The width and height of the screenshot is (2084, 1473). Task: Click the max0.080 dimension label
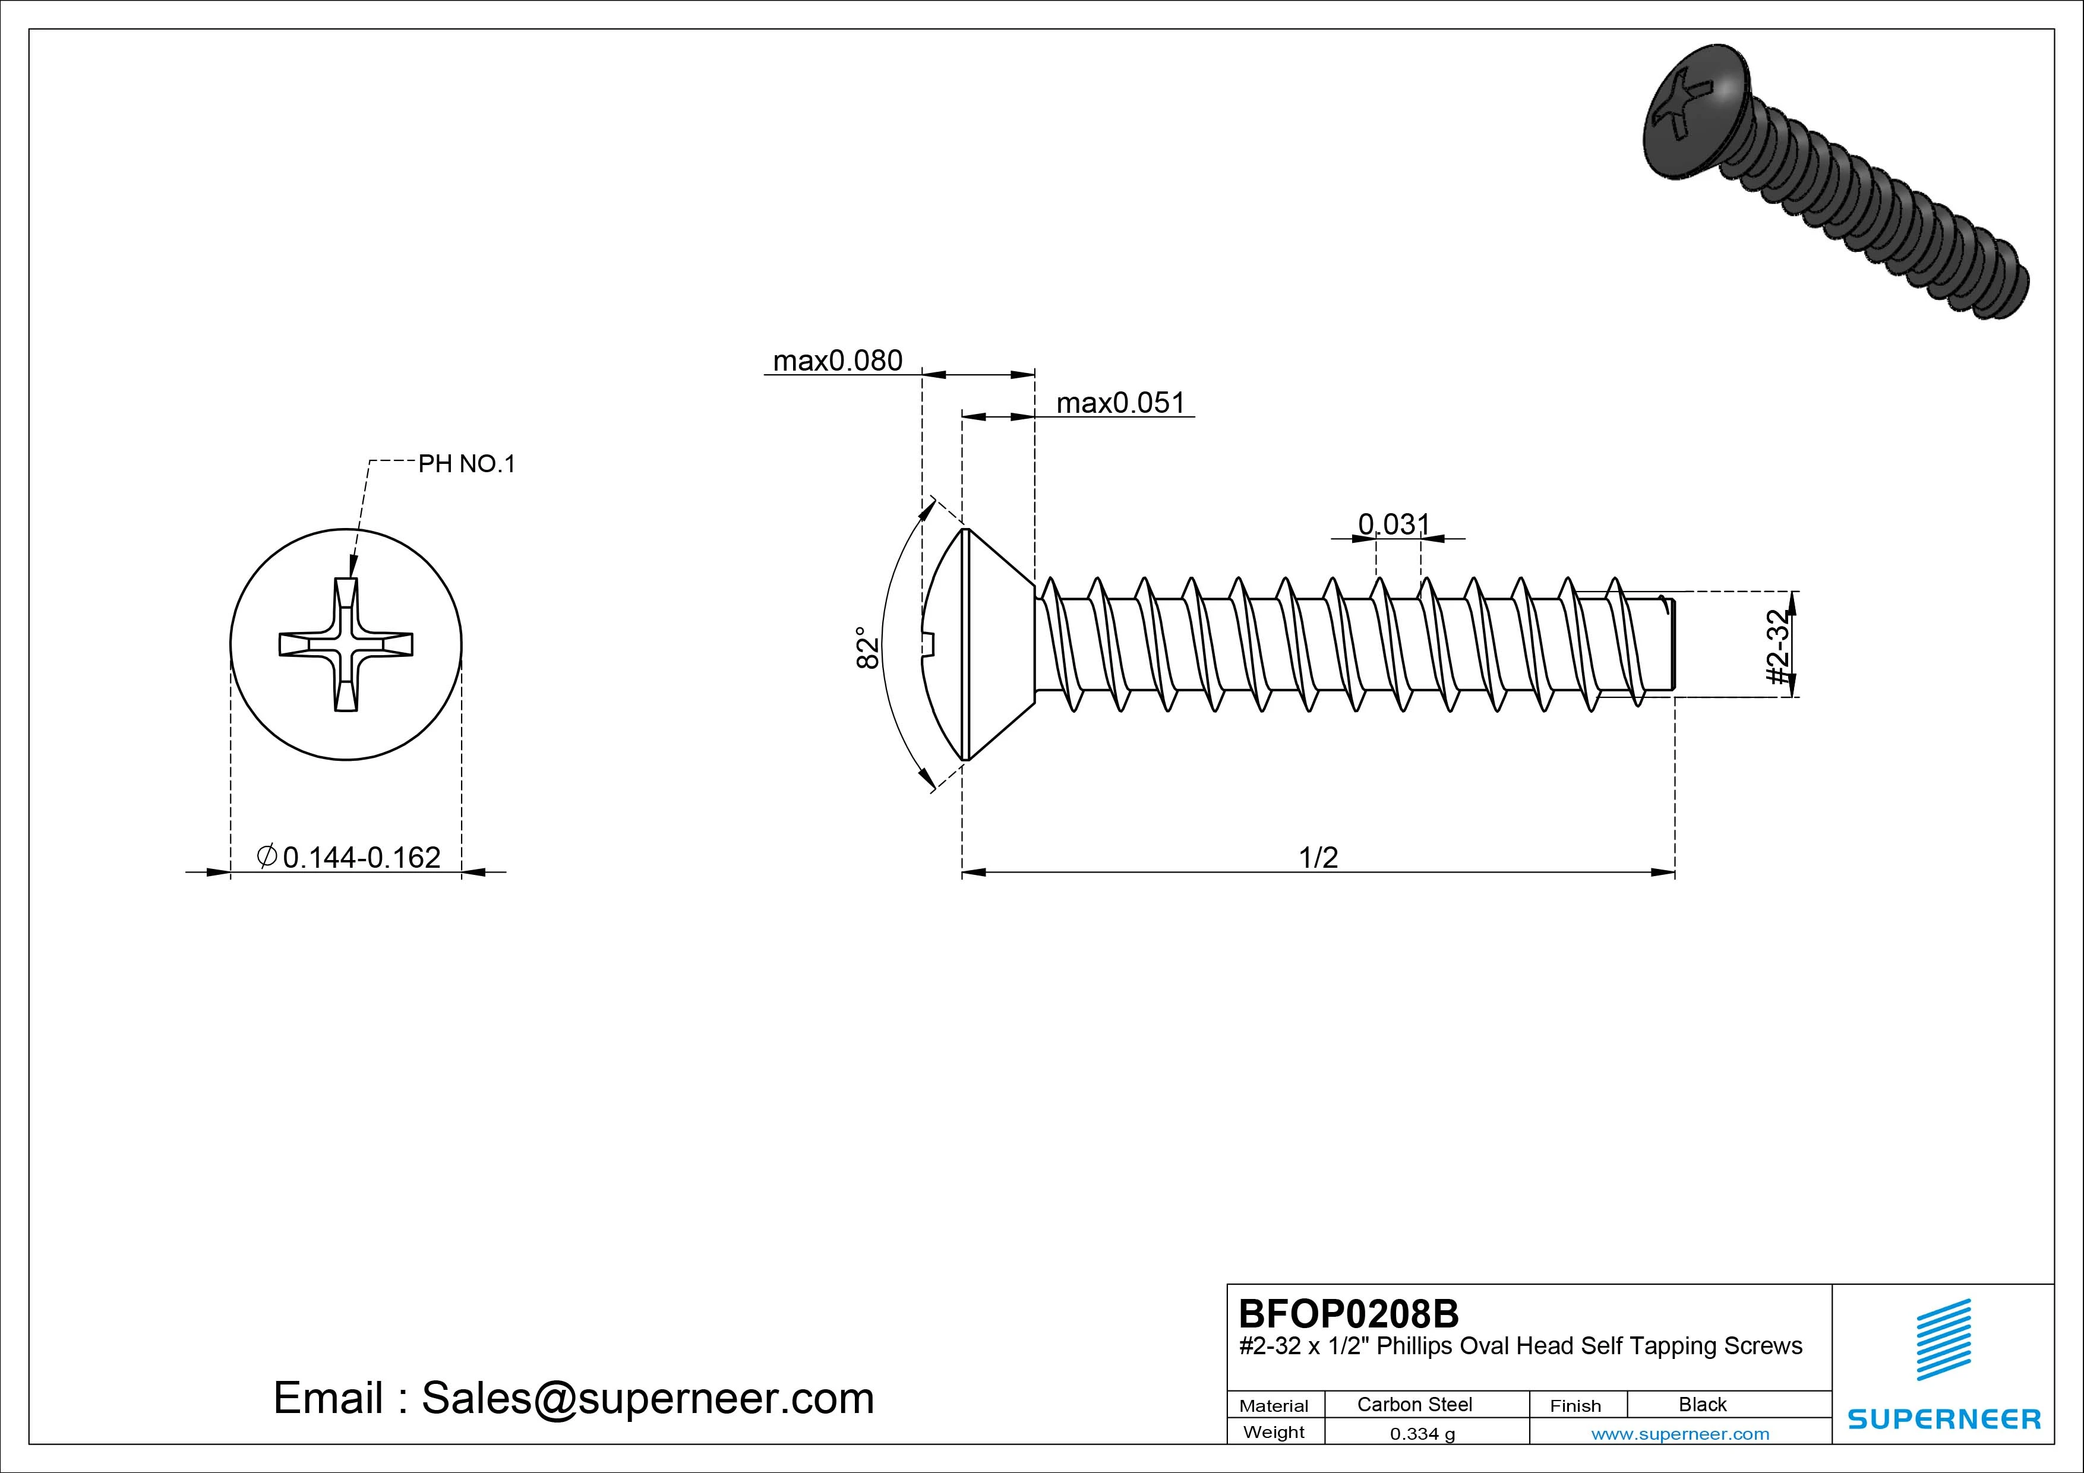(837, 361)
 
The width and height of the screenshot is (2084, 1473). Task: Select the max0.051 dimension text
(1121, 403)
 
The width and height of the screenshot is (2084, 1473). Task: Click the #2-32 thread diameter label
(1779, 647)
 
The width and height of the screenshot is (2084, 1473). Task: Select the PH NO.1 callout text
(466, 464)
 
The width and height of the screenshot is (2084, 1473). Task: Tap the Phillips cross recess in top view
(346, 644)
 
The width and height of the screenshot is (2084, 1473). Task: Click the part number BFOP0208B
(1349, 1313)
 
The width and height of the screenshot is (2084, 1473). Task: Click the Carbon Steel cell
(1414, 1404)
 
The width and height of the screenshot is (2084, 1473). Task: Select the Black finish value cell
(1702, 1404)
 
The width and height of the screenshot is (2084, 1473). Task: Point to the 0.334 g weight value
(1422, 1434)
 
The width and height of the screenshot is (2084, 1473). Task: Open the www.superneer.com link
(1680, 1434)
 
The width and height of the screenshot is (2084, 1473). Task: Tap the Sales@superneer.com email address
(647, 1399)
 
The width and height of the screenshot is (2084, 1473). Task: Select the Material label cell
(1274, 1406)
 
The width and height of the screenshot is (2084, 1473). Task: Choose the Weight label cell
(1274, 1432)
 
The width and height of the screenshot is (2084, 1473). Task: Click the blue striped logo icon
(1943, 1339)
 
